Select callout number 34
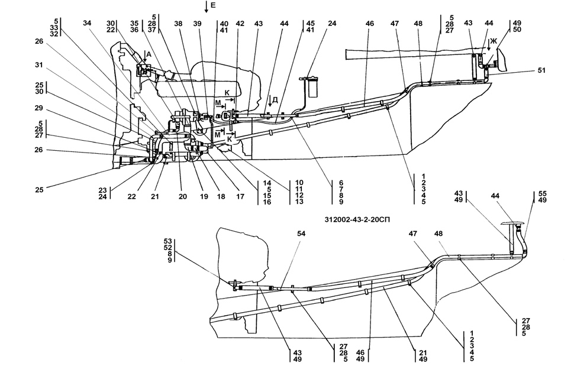click(x=87, y=23)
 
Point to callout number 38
click(x=178, y=23)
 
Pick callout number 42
click(x=240, y=23)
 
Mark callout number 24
click(x=332, y=23)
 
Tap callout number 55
click(x=543, y=193)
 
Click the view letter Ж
click(x=491, y=41)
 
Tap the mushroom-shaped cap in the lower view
click(x=512, y=224)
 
